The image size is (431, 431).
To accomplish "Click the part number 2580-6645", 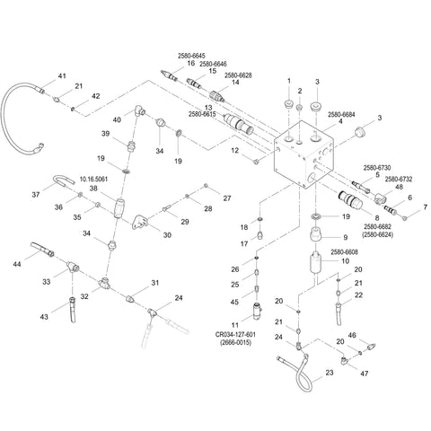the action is click(x=191, y=56).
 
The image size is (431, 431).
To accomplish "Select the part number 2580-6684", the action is click(x=341, y=115).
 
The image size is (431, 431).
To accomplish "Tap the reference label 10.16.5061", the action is click(x=93, y=180).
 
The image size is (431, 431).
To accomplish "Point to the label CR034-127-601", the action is click(x=235, y=334).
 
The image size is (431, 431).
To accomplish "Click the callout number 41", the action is click(x=62, y=76).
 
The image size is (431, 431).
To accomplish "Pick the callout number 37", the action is click(x=36, y=195).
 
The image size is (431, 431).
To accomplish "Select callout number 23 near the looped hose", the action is click(x=330, y=373).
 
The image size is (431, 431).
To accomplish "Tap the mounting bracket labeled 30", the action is click(x=140, y=222).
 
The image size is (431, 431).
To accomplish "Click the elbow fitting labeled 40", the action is click(x=139, y=110).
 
